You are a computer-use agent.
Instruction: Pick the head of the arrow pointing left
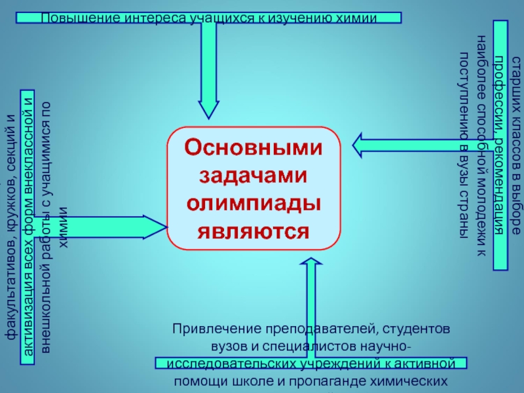[x=362, y=143]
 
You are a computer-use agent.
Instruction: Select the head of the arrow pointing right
[x=157, y=227]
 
